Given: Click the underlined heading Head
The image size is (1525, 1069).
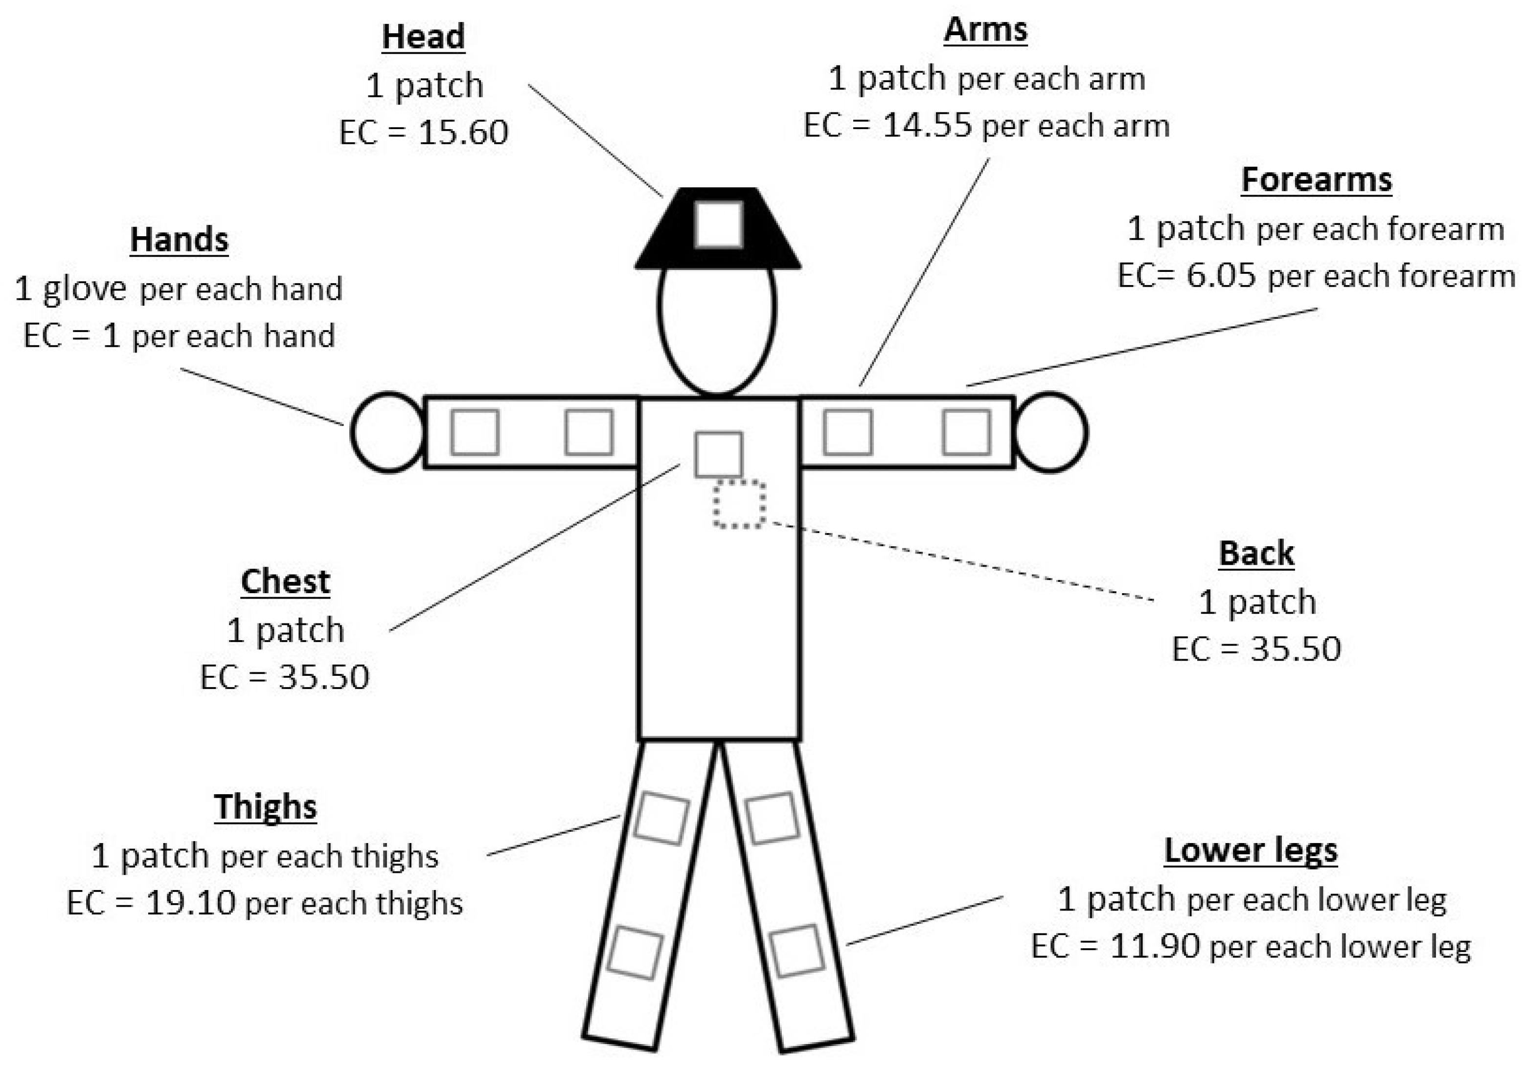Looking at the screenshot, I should tap(423, 37).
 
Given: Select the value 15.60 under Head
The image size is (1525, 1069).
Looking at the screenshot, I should tap(463, 132).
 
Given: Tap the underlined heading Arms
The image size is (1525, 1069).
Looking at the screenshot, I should tap(986, 30).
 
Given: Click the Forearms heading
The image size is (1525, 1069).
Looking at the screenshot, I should tap(1317, 180).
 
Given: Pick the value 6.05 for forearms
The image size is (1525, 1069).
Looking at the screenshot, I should tap(1221, 275).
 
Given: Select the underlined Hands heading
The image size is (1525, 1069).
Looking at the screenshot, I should tap(180, 240).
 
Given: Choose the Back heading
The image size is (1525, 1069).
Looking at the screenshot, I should tap(1256, 554).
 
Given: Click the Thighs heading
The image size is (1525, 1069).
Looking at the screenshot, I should tap(265, 807).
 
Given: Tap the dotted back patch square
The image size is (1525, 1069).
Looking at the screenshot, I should tap(739, 505).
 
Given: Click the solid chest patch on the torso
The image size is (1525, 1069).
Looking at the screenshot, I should tap(718, 454).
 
